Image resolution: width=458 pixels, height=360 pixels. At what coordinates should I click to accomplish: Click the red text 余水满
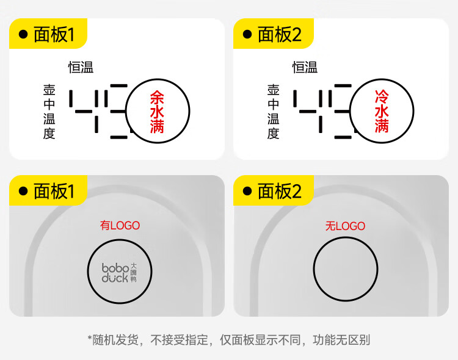157,112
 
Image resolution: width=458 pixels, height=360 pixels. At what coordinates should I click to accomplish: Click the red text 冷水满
382,112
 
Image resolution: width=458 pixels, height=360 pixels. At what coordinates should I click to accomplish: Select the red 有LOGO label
120,226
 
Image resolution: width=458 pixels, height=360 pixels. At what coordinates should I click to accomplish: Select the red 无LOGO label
345,226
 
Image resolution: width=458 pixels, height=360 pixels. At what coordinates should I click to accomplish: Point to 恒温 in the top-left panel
81,68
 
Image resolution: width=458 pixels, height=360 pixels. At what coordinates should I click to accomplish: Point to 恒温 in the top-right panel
305,68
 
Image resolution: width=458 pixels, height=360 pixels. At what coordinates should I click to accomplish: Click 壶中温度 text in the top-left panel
49,112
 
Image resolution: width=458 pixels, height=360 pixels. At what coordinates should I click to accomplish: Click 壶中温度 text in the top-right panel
273,112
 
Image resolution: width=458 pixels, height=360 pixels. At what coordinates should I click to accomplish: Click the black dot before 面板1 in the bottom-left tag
23,191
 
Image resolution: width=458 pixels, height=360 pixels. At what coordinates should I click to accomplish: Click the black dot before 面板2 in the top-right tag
247,35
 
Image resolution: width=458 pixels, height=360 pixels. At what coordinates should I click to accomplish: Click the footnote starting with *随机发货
229,340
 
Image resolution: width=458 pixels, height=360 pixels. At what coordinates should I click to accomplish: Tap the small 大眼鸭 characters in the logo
133,273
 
